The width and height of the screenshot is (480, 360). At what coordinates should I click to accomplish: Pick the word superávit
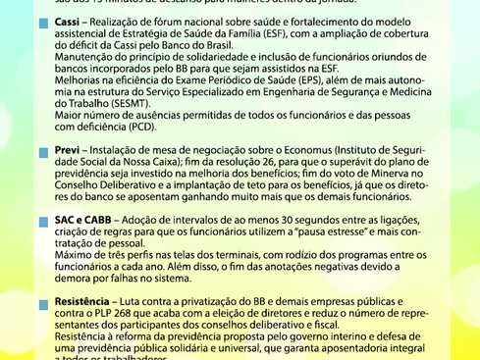tap(365, 162)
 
